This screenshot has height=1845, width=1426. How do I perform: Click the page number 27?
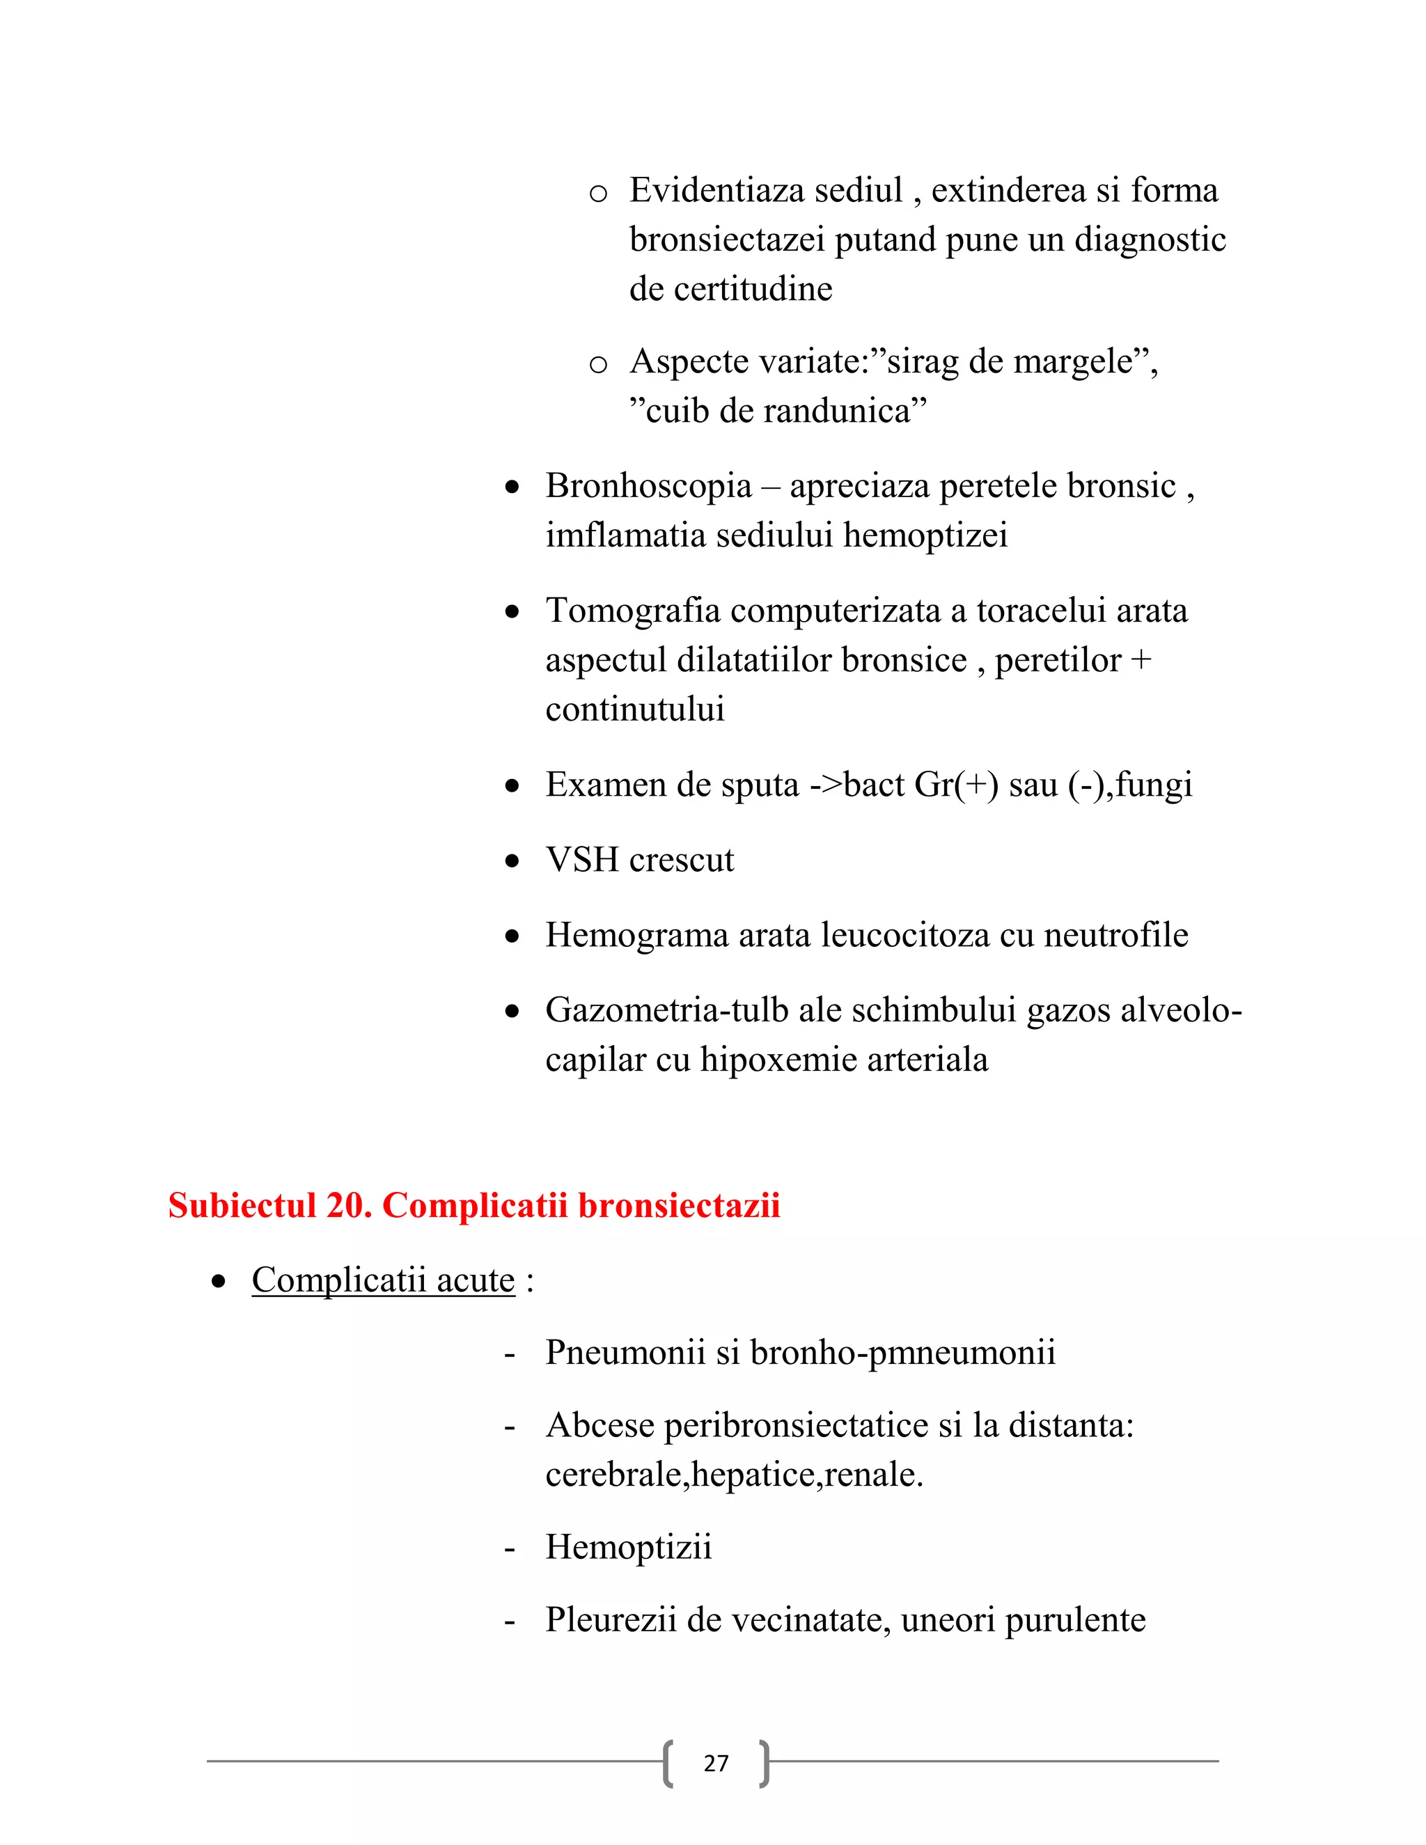pos(716,1763)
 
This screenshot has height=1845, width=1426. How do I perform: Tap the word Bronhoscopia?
pos(648,486)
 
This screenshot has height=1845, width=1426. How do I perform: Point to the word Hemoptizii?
pos(627,1547)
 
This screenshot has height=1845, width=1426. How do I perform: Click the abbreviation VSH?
pos(582,860)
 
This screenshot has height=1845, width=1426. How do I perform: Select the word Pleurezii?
pos(610,1619)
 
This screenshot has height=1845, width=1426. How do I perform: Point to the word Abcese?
pos(600,1425)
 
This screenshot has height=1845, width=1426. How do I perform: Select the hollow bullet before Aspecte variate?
pos(598,365)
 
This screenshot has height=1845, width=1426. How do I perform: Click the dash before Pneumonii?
pos(510,1353)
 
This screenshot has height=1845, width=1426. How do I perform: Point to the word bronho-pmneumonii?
pos(902,1353)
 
